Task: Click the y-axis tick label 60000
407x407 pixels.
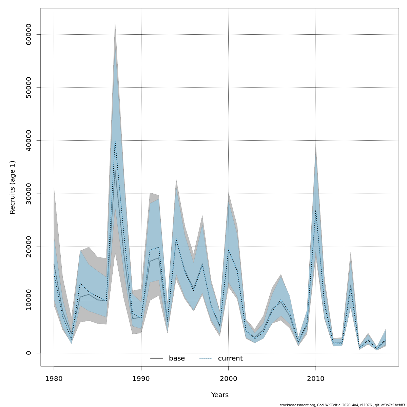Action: tap(28, 34)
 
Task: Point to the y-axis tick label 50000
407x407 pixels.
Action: tap(28, 88)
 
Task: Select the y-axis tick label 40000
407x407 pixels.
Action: tap(28, 140)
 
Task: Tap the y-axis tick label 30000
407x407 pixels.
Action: tap(28, 194)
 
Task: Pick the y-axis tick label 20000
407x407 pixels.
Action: tap(28, 247)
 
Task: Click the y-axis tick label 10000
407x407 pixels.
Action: tap(28, 300)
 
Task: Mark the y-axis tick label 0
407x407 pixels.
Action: tap(28, 353)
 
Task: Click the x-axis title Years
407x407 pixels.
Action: tap(220, 395)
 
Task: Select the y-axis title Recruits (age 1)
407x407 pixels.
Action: tap(13, 187)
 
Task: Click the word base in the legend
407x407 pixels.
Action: tap(177, 358)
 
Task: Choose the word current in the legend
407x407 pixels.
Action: tap(230, 358)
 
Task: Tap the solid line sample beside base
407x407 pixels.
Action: tap(157, 358)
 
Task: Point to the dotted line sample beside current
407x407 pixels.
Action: tap(206, 358)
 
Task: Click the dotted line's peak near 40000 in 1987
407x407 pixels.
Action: tap(115, 141)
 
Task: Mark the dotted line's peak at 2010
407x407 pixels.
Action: tap(316, 210)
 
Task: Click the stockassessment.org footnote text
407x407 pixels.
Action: tap(342, 405)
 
